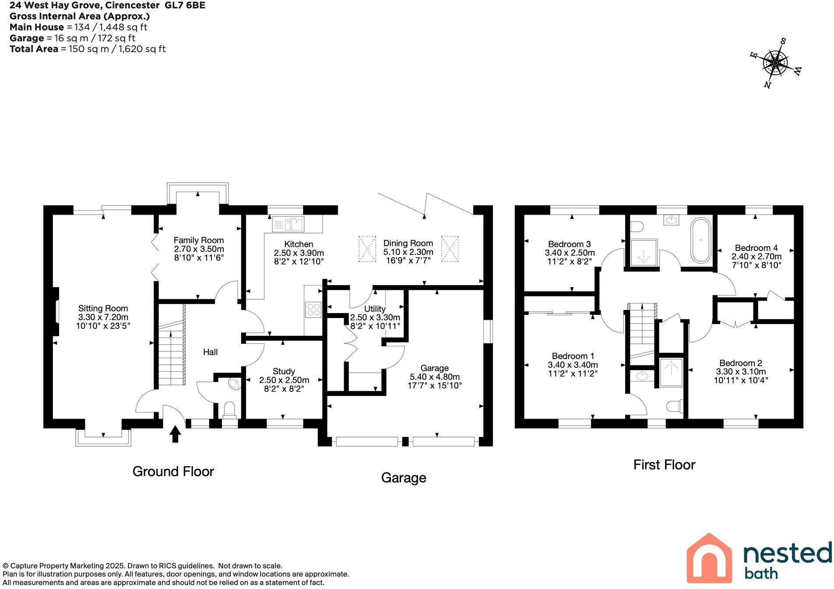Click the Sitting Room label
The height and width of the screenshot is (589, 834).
pyautogui.click(x=103, y=308)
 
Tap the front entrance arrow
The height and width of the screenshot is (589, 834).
pyautogui.click(x=175, y=434)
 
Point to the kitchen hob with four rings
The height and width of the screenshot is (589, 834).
pyautogui.click(x=313, y=309)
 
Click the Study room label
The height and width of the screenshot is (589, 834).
pyautogui.click(x=284, y=371)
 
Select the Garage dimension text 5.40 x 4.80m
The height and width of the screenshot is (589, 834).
pyautogui.click(x=435, y=377)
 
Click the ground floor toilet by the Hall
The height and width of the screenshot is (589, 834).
pyautogui.click(x=229, y=409)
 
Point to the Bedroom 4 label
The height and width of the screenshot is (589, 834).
pyautogui.click(x=756, y=248)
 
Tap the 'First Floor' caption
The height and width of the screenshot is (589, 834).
pyautogui.click(x=664, y=465)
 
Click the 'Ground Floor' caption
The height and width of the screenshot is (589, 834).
pyautogui.click(x=173, y=471)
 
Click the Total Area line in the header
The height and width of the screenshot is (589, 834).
pyautogui.click(x=88, y=49)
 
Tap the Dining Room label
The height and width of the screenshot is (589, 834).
pyautogui.click(x=408, y=243)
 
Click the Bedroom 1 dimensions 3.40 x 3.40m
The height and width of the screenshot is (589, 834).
pyautogui.click(x=573, y=365)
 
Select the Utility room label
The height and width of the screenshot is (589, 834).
pyautogui.click(x=375, y=309)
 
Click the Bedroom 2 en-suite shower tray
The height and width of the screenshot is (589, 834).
pyautogui.click(x=671, y=373)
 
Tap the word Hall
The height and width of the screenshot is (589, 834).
pyautogui.click(x=210, y=352)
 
